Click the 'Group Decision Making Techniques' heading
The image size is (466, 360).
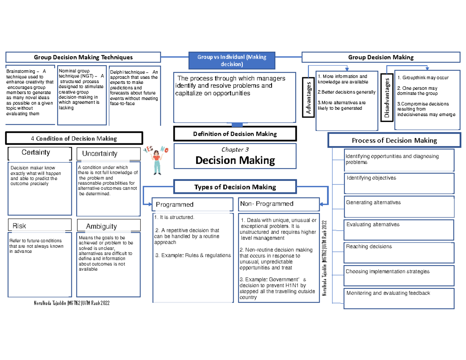point(83,57)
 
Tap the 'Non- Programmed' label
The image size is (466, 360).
point(267,204)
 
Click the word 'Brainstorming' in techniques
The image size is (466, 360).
point(21,71)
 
